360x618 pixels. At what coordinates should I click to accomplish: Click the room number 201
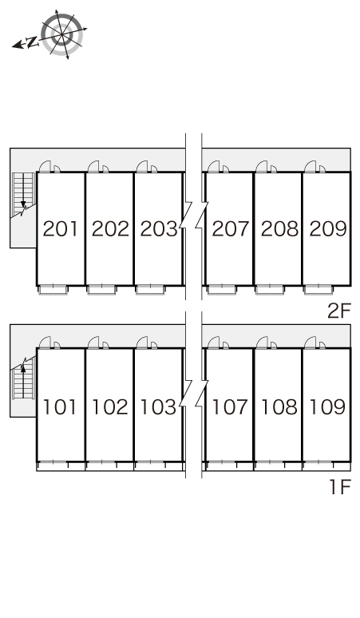(x=60, y=229)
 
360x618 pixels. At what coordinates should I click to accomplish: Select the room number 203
(x=159, y=229)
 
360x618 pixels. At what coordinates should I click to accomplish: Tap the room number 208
(x=279, y=229)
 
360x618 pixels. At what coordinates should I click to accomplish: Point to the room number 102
(x=110, y=407)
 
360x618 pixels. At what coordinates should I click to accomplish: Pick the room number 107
(x=231, y=407)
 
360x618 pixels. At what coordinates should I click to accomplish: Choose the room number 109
(x=328, y=407)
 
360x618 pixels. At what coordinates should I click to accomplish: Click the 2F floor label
(x=338, y=311)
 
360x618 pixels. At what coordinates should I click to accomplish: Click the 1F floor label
(x=340, y=488)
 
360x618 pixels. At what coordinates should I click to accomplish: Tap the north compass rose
(x=62, y=34)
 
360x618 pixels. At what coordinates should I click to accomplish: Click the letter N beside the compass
(x=32, y=42)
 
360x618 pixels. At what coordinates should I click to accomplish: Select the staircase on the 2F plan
(x=24, y=194)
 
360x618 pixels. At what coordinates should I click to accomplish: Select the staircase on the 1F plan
(x=23, y=378)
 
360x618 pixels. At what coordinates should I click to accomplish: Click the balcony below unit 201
(x=53, y=290)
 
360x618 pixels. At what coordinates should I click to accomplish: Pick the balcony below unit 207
(x=222, y=290)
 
